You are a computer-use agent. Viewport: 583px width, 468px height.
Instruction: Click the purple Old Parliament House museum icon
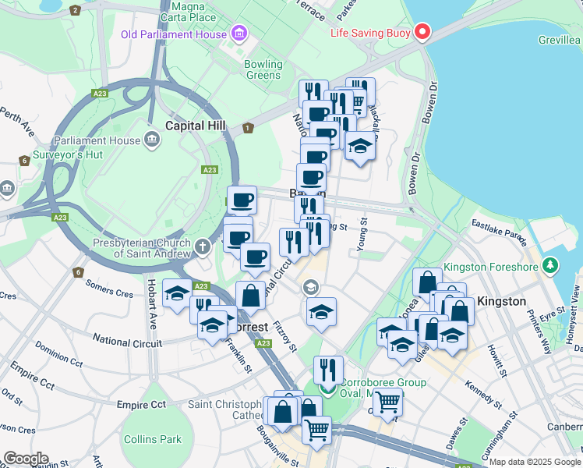238,34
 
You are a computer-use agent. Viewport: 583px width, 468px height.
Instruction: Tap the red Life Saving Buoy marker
422,33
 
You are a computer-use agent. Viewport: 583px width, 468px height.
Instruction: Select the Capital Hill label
196,126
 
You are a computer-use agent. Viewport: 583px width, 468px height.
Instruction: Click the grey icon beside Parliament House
152,140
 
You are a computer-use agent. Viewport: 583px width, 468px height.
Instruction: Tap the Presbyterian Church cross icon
203,248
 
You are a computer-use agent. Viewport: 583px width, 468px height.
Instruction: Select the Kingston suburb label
501,300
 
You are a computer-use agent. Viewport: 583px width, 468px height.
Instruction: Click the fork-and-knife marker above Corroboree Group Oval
328,370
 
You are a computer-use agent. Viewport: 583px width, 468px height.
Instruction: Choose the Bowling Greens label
263,69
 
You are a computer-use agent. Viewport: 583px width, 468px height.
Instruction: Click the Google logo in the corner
25,459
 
